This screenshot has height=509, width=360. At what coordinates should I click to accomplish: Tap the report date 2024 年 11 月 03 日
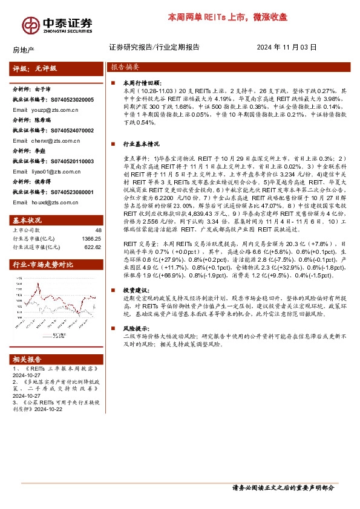pyautogui.click(x=286, y=47)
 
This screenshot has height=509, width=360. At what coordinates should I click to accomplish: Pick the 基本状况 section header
pyautogui.click(x=28, y=219)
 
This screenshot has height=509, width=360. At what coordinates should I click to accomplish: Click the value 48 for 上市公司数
pyautogui.click(x=98, y=230)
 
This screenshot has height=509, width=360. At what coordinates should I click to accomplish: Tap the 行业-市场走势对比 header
pyautogui.click(x=43, y=264)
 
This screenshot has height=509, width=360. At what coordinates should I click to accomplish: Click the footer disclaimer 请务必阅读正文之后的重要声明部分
pyautogui.click(x=283, y=487)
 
